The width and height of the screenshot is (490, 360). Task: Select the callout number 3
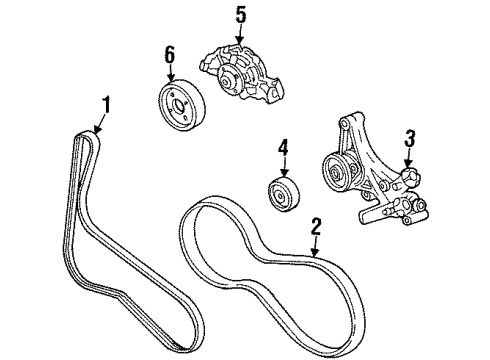click(409, 137)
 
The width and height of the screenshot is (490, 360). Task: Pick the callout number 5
click(239, 16)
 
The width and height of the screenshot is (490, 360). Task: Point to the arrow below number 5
click(239, 36)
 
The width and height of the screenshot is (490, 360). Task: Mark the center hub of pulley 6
click(180, 103)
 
